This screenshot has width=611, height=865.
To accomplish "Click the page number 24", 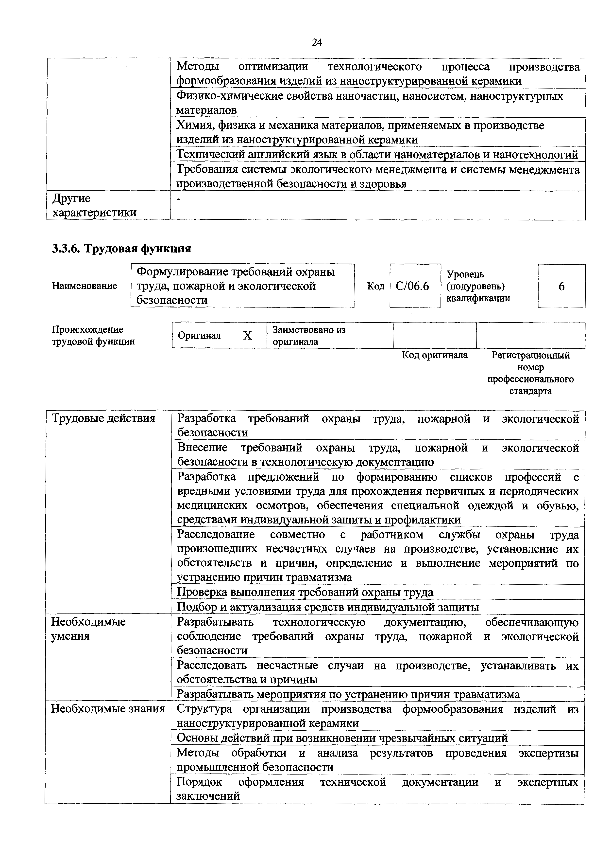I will pos(317,42).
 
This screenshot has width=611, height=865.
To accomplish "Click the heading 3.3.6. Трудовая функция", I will pos(122,249).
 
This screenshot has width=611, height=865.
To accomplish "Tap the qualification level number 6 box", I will pos(561,286).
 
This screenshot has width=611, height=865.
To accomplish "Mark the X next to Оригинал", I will pos(247,336).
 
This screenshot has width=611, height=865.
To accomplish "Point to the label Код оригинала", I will pos(435,355).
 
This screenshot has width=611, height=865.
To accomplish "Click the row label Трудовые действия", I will pos(103,418).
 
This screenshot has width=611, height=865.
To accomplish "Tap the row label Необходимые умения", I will pos(88,629).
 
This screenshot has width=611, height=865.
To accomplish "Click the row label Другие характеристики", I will pos(94,205).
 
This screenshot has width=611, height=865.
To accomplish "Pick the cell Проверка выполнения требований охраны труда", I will pos(305,593).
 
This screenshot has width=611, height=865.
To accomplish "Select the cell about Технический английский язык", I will pos(377,154).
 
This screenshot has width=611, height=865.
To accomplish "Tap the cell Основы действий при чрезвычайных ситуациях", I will pos(342,738).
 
